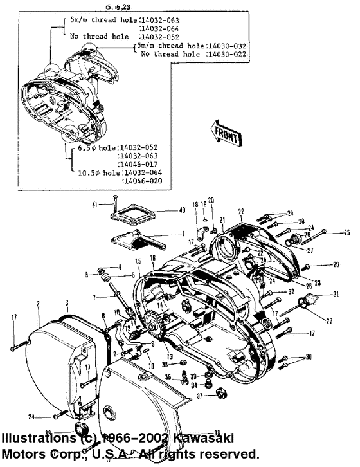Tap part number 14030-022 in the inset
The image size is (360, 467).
228,55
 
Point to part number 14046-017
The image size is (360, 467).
139,164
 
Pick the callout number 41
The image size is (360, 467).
94,204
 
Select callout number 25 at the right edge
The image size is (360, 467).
347,232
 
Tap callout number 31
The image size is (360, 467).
335,295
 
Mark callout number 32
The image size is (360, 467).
291,291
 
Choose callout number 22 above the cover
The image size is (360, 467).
241,212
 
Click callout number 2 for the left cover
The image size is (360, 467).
38,303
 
